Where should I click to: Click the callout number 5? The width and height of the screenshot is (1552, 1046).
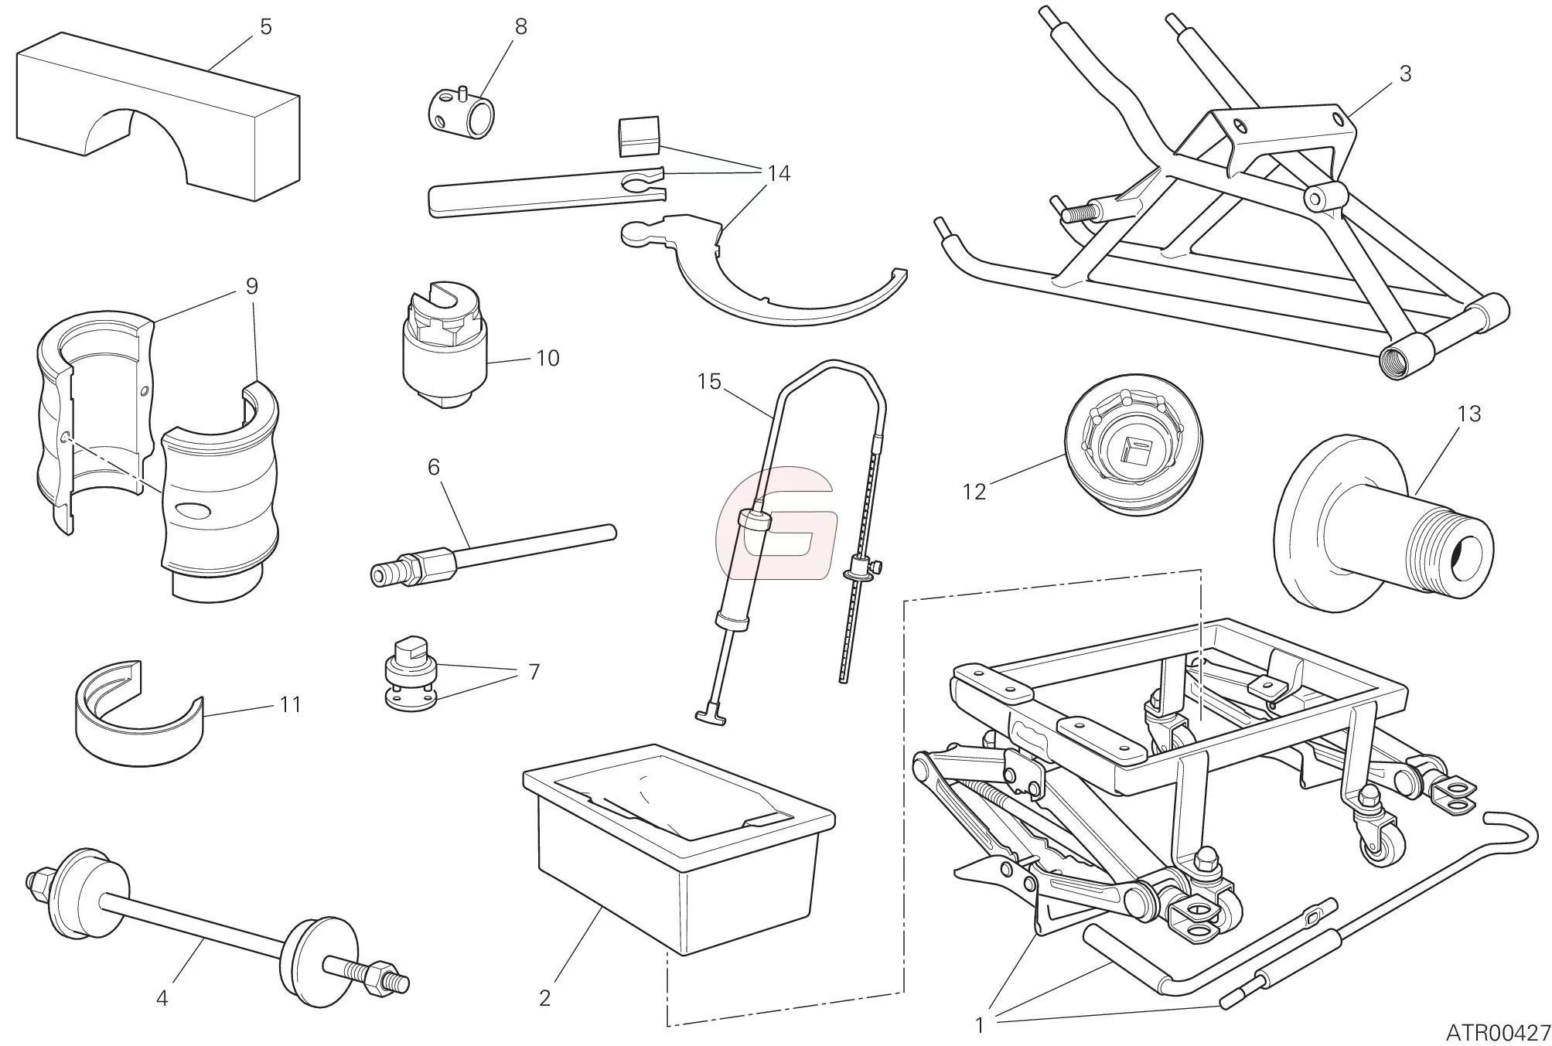[265, 28]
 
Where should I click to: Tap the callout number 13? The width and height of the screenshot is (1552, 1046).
[1468, 414]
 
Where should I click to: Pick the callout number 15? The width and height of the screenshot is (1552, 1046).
[708, 382]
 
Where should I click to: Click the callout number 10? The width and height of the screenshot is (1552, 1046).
[547, 359]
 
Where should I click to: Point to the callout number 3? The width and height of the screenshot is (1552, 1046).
[1405, 74]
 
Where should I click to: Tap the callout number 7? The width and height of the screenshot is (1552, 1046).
[533, 673]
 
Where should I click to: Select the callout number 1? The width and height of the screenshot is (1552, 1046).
[979, 1026]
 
